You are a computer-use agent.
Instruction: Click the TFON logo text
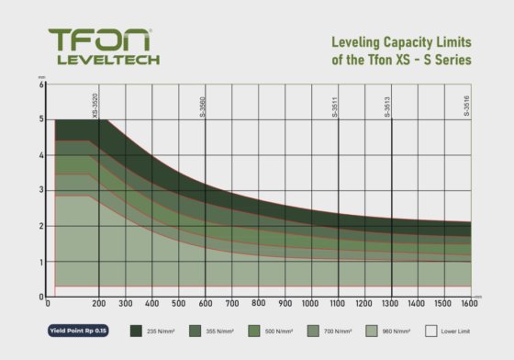point(102,41)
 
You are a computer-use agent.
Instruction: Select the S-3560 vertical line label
point(204,105)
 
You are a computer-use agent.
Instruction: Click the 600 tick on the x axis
point(205,304)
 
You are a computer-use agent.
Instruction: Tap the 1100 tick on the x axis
point(338,304)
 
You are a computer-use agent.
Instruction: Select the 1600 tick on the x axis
point(471,304)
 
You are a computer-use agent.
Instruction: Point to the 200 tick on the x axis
point(98,304)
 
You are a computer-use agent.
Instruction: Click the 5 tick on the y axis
point(41,119)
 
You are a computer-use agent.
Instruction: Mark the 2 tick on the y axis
point(41,226)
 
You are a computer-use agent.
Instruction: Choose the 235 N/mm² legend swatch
point(138,330)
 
